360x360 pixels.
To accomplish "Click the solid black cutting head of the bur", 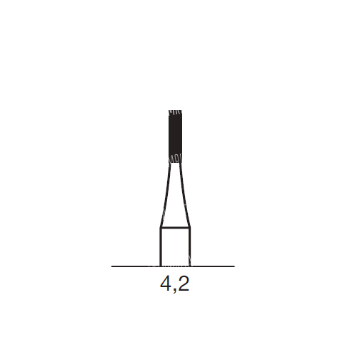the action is [175, 136].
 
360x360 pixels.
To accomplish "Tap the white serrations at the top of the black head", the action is [175, 113].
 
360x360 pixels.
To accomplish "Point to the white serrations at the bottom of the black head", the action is [175, 159].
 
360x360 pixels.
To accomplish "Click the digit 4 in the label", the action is [166, 284].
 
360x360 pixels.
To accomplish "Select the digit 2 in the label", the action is [184, 284].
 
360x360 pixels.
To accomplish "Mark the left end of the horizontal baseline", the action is [111, 266].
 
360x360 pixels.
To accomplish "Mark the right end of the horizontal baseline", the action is [235, 266].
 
